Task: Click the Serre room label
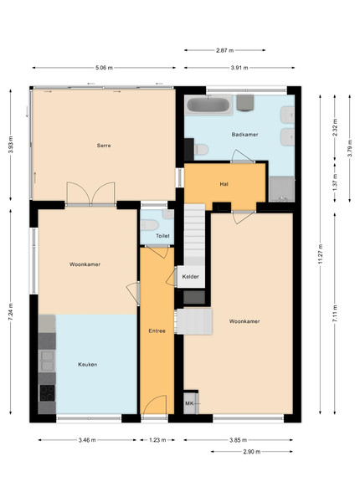[104, 146]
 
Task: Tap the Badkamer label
[244, 135]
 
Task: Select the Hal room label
[224, 184]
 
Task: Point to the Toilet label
[162, 236]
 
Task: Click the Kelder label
[191, 276]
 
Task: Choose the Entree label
[157, 330]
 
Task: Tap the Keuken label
[87, 364]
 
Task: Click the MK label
[189, 403]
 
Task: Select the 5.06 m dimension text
[104, 68]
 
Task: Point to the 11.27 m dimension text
[321, 254]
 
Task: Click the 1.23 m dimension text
[157, 440]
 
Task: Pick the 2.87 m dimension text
[225, 50]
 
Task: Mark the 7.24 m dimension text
[11, 312]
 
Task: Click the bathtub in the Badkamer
[208, 105]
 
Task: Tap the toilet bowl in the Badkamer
[201, 149]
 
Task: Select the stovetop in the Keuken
[47, 393]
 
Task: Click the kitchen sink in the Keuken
[47, 361]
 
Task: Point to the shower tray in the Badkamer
[281, 189]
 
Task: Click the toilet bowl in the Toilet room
[149, 225]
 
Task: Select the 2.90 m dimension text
[252, 452]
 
